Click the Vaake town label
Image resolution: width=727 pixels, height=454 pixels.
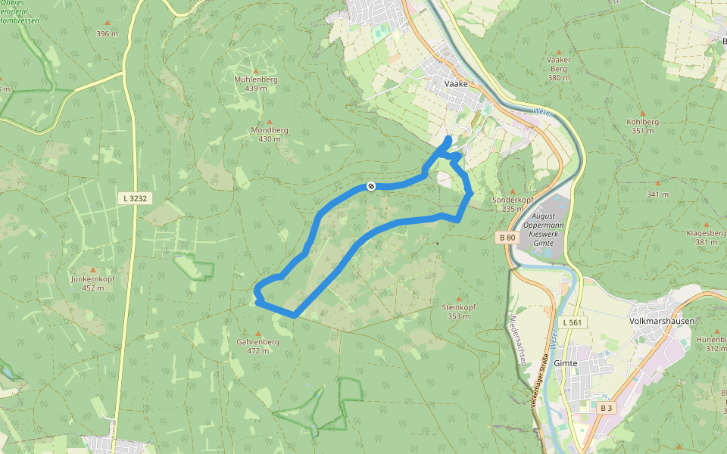pyautogui.click(x=456, y=84)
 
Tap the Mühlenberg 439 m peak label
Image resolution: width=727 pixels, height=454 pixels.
pyautogui.click(x=256, y=83)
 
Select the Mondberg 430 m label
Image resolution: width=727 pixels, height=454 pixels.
pyautogui.click(x=270, y=134)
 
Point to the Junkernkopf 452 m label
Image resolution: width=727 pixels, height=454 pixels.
pyautogui.click(x=93, y=282)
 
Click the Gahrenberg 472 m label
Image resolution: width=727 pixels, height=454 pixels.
pyautogui.click(x=258, y=346)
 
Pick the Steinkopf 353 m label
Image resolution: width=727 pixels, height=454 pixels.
pyautogui.click(x=458, y=311)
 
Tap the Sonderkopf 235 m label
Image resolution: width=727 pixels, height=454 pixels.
pyautogui.click(x=513, y=204)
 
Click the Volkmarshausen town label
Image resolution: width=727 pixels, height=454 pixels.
pyautogui.click(x=661, y=321)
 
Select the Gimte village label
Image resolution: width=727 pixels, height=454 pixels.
pyautogui.click(x=566, y=363)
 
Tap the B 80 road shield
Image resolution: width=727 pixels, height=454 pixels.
pyautogui.click(x=507, y=238)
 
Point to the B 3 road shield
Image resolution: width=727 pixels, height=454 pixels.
pyautogui.click(x=606, y=408)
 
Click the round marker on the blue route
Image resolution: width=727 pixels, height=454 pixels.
pyautogui.click(x=371, y=186)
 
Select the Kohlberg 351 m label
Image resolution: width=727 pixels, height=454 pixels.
pyautogui.click(x=643, y=126)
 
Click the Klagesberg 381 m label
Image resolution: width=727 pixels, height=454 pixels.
pyautogui.click(x=706, y=237)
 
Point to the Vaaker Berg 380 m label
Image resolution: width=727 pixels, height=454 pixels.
pyautogui.click(x=558, y=68)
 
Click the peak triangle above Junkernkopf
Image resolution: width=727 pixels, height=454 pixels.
pyautogui.click(x=93, y=270)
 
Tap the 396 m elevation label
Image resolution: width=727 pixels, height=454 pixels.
pyautogui.click(x=108, y=33)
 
